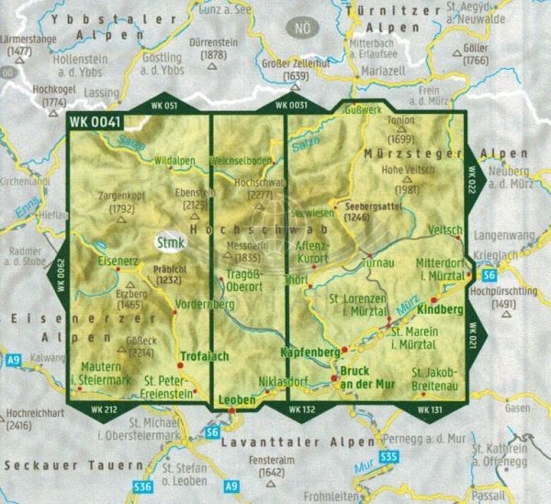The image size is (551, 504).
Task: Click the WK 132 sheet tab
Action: (x=301, y=408)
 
